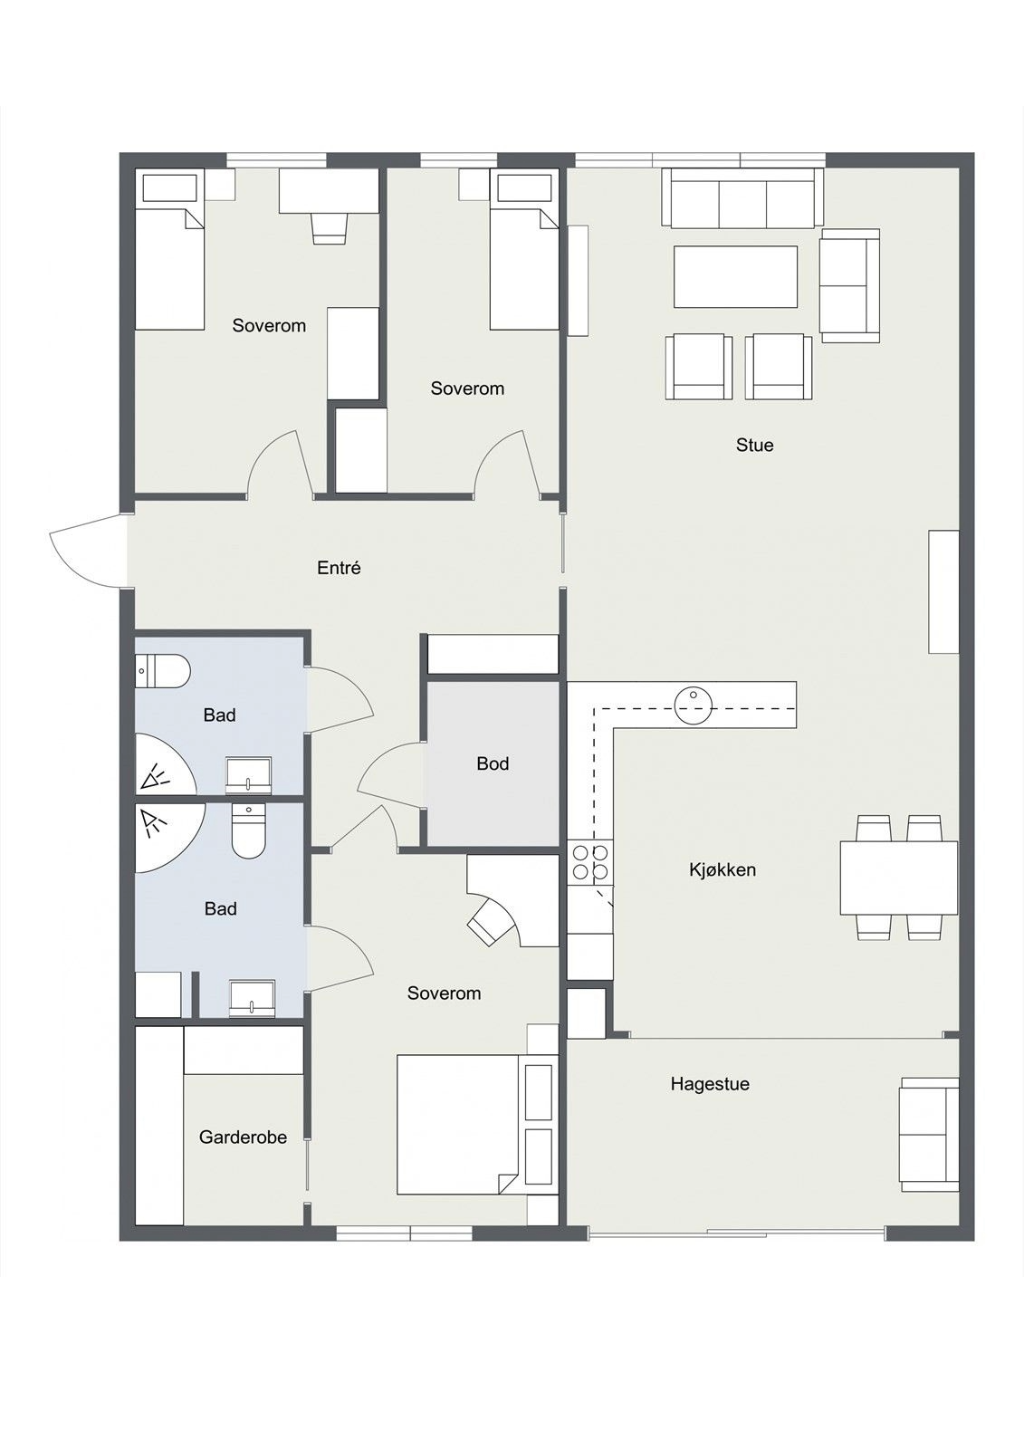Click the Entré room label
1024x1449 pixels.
[x=339, y=568]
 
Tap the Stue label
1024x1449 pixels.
[x=754, y=445]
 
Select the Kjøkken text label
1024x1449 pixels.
[x=722, y=869]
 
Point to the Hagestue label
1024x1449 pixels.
[x=710, y=1083]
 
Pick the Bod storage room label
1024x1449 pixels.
[x=493, y=763]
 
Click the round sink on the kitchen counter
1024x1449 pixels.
[x=693, y=705]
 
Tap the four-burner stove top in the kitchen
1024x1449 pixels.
[x=590, y=862]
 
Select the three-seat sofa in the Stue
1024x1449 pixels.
[x=742, y=197]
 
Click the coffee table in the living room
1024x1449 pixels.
[x=735, y=276]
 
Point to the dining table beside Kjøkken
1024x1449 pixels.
[x=898, y=878]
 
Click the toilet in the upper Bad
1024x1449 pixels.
[x=162, y=671]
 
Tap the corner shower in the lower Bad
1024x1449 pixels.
[x=169, y=837]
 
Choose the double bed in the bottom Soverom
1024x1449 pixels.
[x=457, y=1125]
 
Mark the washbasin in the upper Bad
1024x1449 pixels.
[x=248, y=774]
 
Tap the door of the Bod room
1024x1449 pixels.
[x=391, y=775]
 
